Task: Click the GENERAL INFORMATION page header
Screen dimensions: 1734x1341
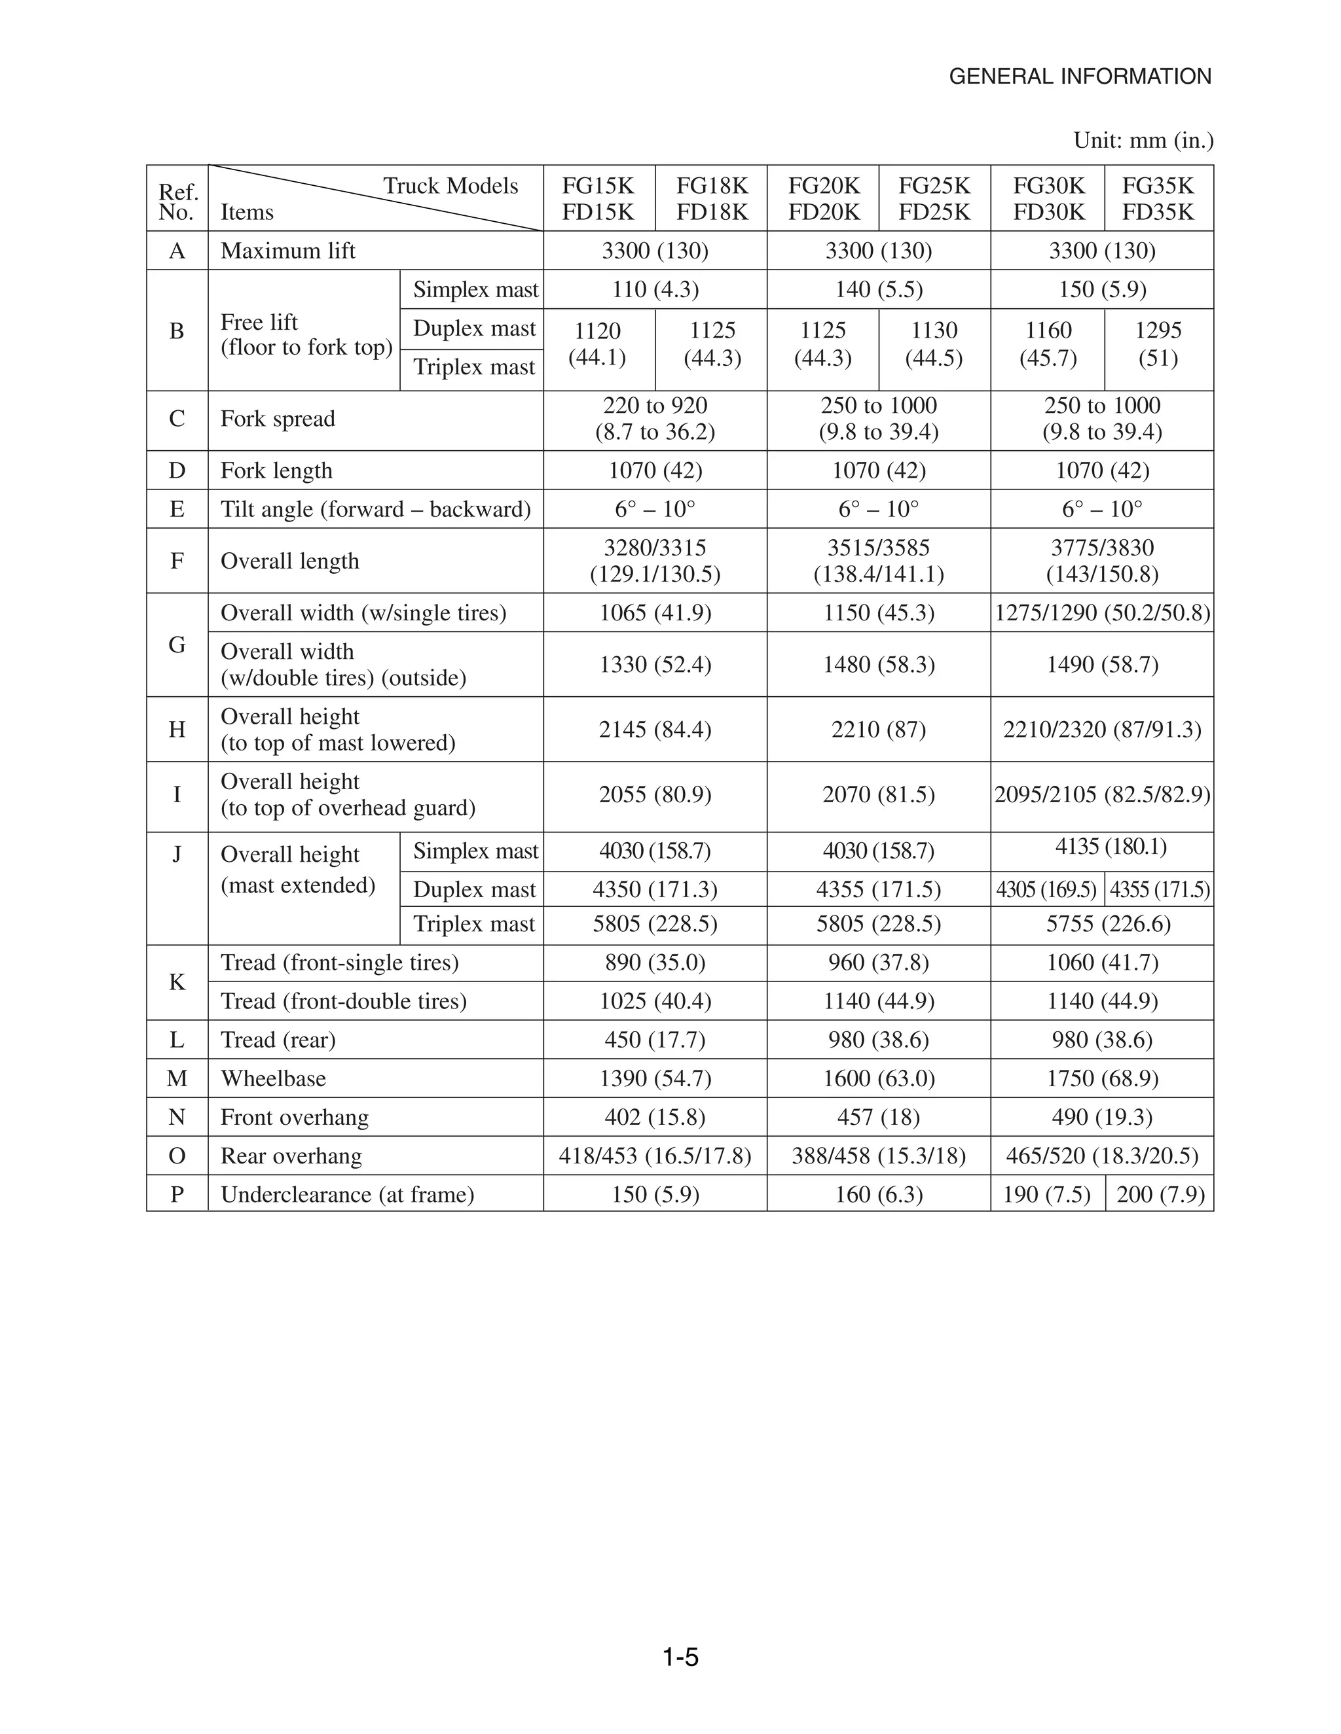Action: pos(1080,77)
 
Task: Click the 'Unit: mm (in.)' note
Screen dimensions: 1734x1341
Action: pos(1143,141)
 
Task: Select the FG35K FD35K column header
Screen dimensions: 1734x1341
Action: pos(1158,198)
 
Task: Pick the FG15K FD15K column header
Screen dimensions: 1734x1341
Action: pos(598,198)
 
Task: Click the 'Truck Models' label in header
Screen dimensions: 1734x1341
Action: pos(450,186)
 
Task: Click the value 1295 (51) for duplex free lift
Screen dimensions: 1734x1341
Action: pos(1158,344)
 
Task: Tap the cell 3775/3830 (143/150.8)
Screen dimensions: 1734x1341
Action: pos(1102,561)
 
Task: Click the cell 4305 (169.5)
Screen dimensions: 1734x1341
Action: pos(1046,890)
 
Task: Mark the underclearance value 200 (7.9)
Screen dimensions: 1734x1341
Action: pos(1160,1194)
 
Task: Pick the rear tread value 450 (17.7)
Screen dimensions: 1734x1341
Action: pos(655,1039)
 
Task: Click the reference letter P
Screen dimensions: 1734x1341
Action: pos(177,1194)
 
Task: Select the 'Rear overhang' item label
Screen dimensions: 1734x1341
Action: pos(291,1156)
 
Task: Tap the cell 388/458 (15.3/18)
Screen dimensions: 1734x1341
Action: pos(878,1156)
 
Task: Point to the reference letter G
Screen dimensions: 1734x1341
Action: pos(177,645)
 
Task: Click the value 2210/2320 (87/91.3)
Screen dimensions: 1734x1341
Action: pos(1102,729)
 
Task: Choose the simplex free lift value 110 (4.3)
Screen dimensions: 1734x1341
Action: pos(655,289)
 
